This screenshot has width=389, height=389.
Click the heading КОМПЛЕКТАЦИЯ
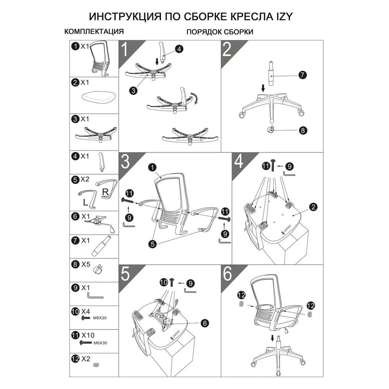94,31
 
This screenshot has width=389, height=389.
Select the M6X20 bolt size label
100,318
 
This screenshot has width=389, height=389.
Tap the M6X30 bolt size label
100,343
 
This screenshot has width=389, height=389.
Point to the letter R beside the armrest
106,192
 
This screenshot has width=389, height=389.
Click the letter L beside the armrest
85,202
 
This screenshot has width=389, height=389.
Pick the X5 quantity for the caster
86,264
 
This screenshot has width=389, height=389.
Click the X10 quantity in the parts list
88,335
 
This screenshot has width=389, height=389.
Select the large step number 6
227,273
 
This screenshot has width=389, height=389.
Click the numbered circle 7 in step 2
303,74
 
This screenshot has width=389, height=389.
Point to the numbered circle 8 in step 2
303,130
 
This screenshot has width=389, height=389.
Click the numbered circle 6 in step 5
205,323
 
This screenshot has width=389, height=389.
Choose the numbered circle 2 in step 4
313,207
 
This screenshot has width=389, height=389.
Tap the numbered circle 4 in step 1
179,49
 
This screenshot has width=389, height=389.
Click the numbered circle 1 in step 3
152,167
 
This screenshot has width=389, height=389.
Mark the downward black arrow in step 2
263,88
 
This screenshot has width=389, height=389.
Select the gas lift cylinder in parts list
101,246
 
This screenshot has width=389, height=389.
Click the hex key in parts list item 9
95,295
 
